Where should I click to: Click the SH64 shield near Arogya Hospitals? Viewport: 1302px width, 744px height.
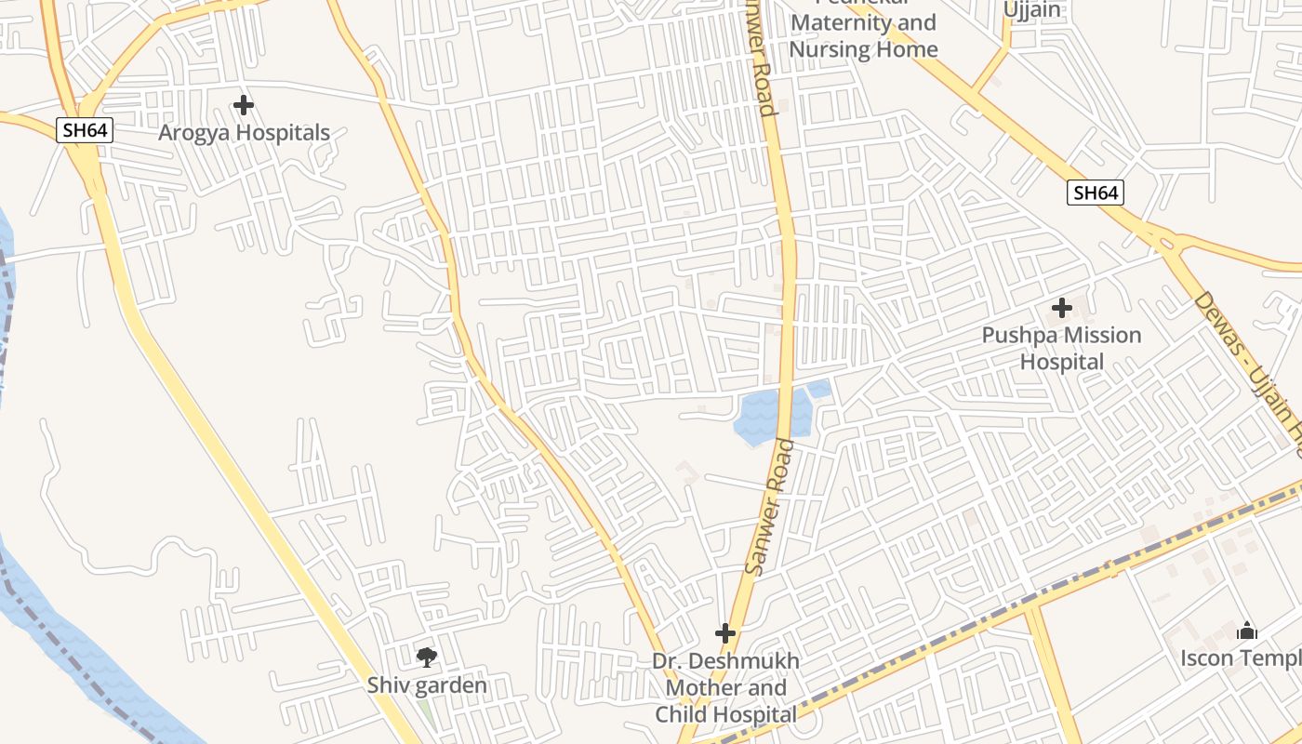[x=85, y=130]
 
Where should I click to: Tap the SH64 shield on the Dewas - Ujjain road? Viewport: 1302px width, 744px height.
[x=1096, y=193]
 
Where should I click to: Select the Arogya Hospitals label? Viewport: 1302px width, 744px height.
[x=244, y=133]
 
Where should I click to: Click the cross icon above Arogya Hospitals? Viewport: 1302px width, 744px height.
[x=244, y=105]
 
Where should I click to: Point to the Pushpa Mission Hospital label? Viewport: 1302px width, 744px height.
[x=1061, y=348]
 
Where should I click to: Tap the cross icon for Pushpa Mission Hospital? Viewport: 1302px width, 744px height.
[x=1061, y=308]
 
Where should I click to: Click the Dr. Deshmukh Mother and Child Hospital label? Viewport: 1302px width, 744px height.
[x=725, y=688]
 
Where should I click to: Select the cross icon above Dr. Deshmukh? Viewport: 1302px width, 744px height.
[x=725, y=634]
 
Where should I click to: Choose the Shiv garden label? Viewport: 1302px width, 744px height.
[x=427, y=685]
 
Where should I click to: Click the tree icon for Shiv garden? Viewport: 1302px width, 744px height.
[x=427, y=658]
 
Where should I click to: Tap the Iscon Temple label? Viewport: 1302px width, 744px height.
[x=1241, y=658]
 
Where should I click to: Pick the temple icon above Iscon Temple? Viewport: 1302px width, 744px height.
[x=1247, y=632]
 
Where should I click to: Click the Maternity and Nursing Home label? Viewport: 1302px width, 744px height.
[x=863, y=35]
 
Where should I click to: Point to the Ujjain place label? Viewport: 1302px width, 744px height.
[x=1031, y=10]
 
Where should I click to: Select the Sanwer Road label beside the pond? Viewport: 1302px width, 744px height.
[x=769, y=507]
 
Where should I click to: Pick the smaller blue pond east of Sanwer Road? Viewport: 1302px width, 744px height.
[x=819, y=389]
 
